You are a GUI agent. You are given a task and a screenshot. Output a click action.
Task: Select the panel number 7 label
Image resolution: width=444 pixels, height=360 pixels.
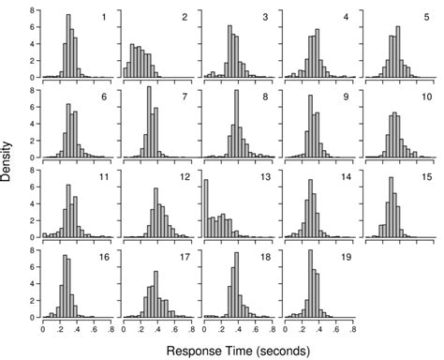pos(185,97)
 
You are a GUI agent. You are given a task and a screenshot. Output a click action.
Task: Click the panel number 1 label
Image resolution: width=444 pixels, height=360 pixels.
pos(104,18)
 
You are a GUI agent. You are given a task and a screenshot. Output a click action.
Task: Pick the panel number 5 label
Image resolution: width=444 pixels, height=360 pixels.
pos(427,18)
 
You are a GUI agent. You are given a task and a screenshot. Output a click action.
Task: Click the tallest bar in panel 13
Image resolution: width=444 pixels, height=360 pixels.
pos(205,207)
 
